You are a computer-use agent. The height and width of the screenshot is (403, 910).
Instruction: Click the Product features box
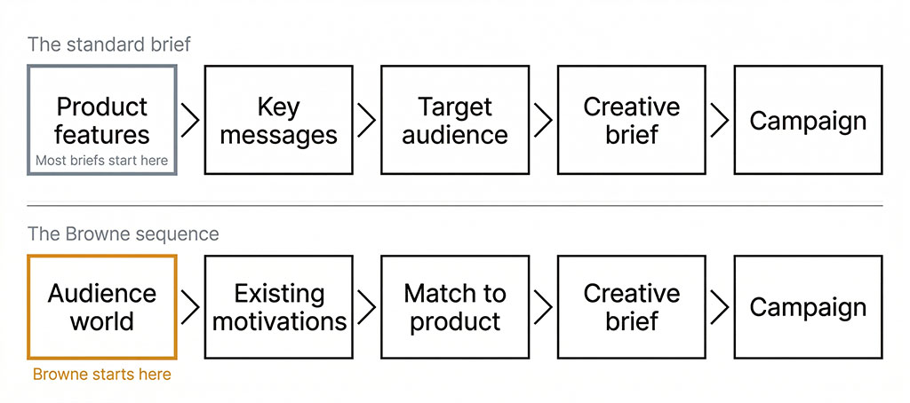coord(102,120)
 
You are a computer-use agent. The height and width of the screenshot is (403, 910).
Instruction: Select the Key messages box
coord(278,120)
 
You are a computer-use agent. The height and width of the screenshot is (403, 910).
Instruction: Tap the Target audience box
coord(455,120)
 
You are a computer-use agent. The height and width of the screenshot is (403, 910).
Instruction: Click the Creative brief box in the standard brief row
coord(631,120)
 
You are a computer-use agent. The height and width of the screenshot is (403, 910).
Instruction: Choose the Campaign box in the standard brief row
coord(808,120)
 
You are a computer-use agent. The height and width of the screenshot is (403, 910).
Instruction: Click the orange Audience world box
coord(102,306)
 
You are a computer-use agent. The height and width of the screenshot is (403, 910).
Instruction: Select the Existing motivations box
coord(278,306)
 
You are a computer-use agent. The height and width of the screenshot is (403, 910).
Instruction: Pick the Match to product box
coord(455,306)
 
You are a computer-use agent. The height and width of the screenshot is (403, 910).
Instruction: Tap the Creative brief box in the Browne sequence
coord(631,306)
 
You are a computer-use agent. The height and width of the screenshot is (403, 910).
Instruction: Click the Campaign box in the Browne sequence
coord(808,306)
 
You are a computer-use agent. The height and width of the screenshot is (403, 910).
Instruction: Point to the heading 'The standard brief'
coord(108,44)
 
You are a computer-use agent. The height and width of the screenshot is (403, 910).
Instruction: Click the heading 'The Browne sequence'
coord(123,234)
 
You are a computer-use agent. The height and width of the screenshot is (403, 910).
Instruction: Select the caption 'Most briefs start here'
coord(102,161)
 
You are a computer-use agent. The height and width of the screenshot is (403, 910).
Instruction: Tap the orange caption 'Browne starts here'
coord(101,375)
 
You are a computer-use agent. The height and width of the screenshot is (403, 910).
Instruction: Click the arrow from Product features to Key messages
coord(190,120)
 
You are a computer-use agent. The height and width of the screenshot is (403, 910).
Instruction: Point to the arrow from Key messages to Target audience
coord(366,120)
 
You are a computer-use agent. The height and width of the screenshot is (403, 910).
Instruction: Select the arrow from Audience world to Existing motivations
coord(190,306)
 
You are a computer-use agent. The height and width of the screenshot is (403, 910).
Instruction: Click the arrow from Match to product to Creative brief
coord(543,306)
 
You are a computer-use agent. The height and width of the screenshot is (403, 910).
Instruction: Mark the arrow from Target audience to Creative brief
coord(543,120)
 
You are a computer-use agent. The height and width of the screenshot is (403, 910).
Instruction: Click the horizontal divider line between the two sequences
coord(455,206)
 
